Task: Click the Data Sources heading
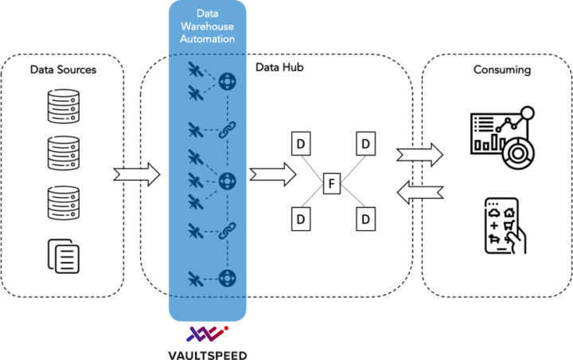(63, 70)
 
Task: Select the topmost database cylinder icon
(63, 107)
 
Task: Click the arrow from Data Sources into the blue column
(138, 174)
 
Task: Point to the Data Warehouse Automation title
(207, 26)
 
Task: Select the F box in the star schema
(332, 186)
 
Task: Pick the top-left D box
(300, 144)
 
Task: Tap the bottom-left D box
(300, 218)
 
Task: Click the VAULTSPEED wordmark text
(207, 352)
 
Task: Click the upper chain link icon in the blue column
(224, 130)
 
